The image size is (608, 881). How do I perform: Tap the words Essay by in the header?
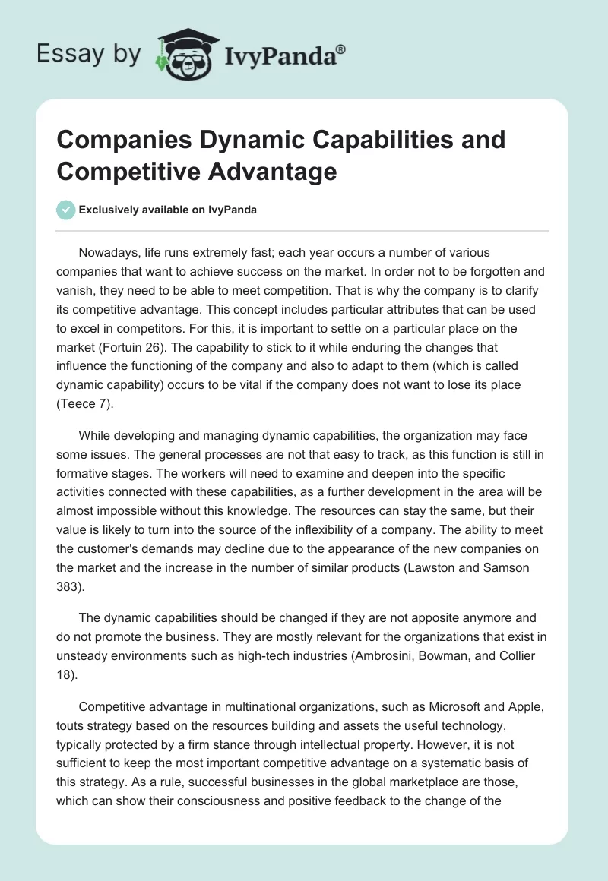click(89, 55)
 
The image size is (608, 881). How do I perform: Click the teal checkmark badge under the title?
click(66, 210)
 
